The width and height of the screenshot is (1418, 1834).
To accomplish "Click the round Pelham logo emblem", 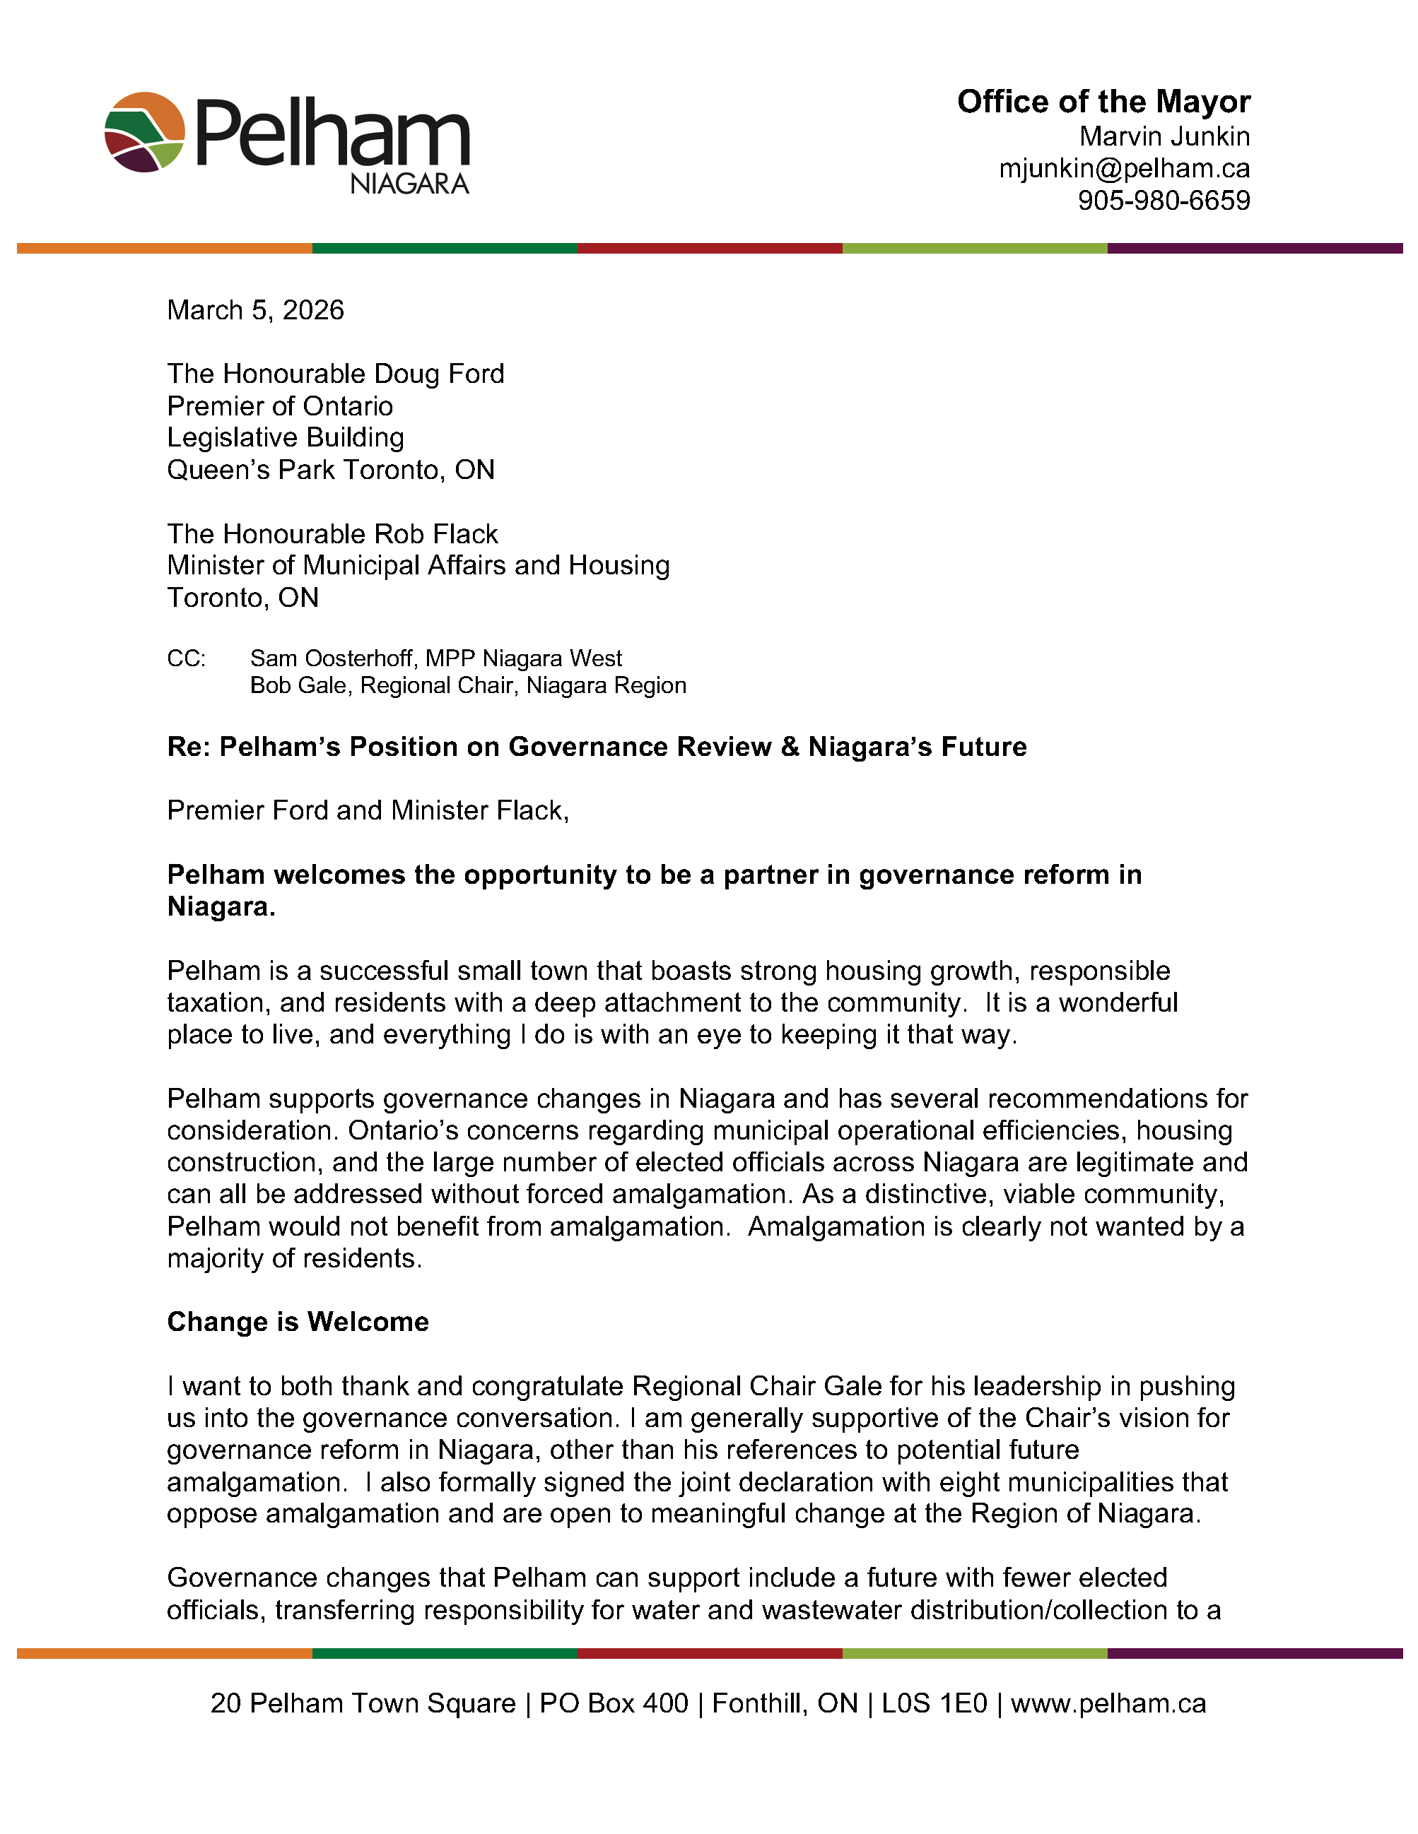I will pos(144,132).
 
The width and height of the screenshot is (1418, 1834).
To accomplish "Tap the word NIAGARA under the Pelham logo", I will pos(409,184).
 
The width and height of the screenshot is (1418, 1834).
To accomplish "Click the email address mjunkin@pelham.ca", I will pos(1124,169).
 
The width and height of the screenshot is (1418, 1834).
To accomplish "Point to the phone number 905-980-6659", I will pos(1164,201).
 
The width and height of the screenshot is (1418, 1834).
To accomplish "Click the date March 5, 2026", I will pos(255,310).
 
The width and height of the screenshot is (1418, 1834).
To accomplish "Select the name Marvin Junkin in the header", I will pos(1164,136).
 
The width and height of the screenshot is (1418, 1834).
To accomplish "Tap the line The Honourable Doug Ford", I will pos(335,374).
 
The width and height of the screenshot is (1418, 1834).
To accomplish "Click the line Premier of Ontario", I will pos(280,406).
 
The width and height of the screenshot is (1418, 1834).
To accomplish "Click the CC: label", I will pos(186,658).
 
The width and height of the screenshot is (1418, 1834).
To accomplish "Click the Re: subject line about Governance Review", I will pos(597,747).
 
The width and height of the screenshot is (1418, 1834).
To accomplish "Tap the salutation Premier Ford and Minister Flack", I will pos(368,810).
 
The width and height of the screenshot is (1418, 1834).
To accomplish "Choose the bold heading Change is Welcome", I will pos(298,1322).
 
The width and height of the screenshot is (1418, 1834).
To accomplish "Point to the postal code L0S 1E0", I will pos(934,1703).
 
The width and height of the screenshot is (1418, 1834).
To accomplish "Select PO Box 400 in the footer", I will pos(614,1703).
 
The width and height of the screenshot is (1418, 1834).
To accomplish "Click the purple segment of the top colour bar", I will pos(1255,249).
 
